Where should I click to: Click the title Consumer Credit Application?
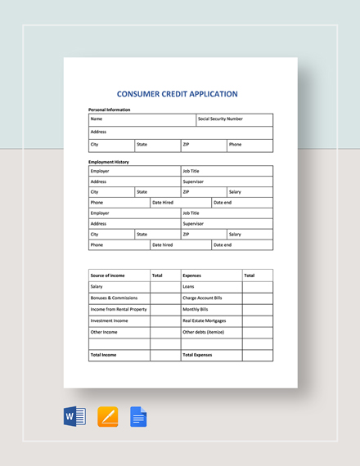[x=178, y=94]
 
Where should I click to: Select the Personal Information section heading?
[x=109, y=110]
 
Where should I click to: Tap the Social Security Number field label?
[x=220, y=119]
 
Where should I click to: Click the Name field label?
[x=97, y=119]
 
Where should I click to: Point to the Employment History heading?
[x=109, y=162]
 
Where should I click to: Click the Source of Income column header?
[x=107, y=276]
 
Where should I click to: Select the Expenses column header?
[x=192, y=276]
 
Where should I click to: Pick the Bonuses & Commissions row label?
[x=114, y=298]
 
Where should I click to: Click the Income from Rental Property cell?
[x=119, y=310]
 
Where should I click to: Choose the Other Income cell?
[x=104, y=333]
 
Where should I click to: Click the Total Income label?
[x=104, y=356]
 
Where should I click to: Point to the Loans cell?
[x=189, y=287]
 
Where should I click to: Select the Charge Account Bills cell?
[x=202, y=298]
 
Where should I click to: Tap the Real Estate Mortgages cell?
[x=205, y=321]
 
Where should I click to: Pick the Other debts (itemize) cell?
[x=204, y=333]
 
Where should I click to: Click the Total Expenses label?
[x=198, y=356]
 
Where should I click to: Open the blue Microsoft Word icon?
[x=74, y=417]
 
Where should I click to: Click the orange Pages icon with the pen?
[x=107, y=417]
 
